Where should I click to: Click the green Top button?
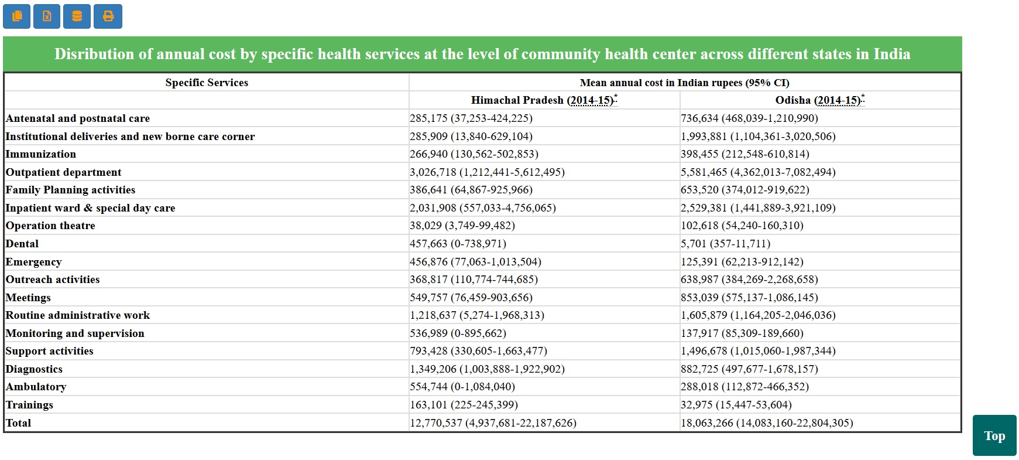point(994,435)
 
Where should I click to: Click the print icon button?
point(108,16)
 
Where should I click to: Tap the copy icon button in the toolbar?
point(17,16)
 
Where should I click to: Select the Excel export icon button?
point(47,16)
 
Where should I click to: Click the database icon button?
point(77,16)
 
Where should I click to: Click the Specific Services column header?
point(207,83)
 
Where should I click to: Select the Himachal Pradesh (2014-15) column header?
point(543,100)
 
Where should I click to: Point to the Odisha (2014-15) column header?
point(819,100)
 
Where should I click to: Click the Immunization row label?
point(41,154)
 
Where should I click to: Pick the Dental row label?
point(22,244)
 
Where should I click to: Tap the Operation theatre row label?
point(50,226)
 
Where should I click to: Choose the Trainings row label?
point(29,405)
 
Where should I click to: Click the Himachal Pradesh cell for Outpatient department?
point(487,172)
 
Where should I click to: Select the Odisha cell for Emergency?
point(742,262)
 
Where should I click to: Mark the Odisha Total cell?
point(766,423)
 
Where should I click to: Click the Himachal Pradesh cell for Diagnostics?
point(487,369)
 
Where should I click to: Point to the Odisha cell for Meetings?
point(749,298)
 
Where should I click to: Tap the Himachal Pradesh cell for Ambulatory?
point(462,387)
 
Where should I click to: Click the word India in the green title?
point(891,54)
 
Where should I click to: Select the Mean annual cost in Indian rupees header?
point(684,83)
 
